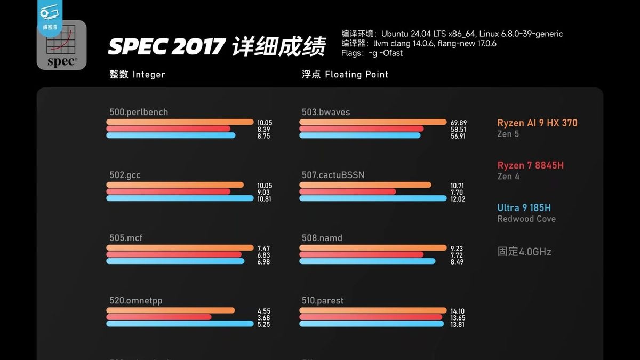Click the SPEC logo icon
pos(61,47)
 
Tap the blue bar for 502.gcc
pos(180,198)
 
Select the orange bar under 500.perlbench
pos(180,122)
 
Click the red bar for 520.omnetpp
pos(159,317)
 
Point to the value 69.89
pos(458,123)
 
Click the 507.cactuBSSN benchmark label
pos(333,175)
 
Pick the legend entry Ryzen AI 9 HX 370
pos(537,123)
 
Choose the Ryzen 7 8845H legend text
pos(530,165)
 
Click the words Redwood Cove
pos(526,219)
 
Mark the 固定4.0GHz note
pos(524,251)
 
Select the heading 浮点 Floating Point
pos(345,75)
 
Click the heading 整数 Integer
pos(137,75)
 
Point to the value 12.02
pos(458,199)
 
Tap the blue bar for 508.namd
pos(367,261)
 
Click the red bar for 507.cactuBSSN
pos(348,191)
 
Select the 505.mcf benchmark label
pos(126,238)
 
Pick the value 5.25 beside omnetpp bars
pos(264,324)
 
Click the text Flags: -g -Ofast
pos(372,53)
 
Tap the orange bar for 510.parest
pos(373,310)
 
